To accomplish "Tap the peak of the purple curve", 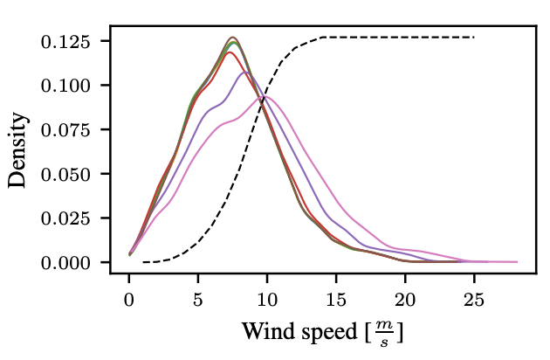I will [x=245, y=72].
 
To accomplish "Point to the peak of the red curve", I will [x=230, y=52].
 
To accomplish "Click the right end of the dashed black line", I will [x=474, y=38].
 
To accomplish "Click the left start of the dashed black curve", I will [x=143, y=262].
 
